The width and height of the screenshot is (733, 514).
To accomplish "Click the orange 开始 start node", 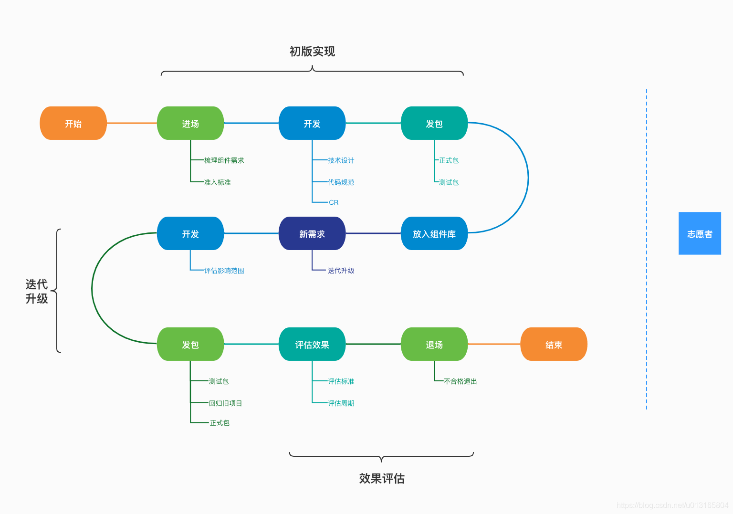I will click(73, 123).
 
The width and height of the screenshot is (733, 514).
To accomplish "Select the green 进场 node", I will click(190, 123).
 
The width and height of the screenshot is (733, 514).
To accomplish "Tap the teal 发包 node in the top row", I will click(434, 123).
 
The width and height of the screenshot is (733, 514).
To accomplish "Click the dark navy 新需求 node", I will click(312, 233).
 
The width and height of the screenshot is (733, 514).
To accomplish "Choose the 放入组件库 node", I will click(434, 233).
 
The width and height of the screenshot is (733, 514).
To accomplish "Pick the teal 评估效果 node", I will click(312, 344).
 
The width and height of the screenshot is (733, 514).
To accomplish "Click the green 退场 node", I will click(434, 344).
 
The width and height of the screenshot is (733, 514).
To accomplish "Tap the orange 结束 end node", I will click(554, 344).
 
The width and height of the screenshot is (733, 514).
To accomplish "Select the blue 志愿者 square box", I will click(700, 233).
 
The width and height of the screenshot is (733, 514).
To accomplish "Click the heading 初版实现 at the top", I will click(312, 51).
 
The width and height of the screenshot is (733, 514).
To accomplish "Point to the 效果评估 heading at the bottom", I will click(381, 478).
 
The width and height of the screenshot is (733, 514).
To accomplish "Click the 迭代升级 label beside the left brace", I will click(37, 291).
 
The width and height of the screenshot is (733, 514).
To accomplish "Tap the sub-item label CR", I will click(334, 202).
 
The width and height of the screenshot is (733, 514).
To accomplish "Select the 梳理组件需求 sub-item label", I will click(224, 160).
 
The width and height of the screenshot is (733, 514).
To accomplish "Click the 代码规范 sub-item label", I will click(341, 182).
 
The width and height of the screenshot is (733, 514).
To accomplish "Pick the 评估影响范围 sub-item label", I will click(224, 271).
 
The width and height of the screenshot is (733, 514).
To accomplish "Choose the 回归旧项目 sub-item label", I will click(225, 403).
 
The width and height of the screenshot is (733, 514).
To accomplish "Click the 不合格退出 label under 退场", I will click(460, 381).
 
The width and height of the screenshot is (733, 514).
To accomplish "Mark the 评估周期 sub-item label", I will click(341, 403).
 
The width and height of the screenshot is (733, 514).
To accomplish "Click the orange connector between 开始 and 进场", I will click(132, 123).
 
